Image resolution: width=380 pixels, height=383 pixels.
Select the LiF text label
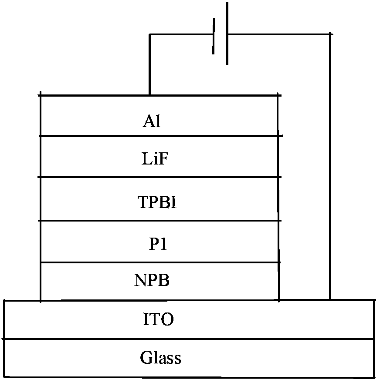pyautogui.click(x=155, y=159)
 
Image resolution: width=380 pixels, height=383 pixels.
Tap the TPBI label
pyautogui.click(x=157, y=203)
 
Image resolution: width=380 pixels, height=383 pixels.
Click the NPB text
pyautogui.click(x=152, y=281)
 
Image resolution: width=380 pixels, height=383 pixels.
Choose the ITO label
pyautogui.click(x=159, y=320)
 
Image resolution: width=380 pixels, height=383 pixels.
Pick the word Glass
pyautogui.click(x=160, y=358)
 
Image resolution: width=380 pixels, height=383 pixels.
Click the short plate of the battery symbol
pyautogui.click(x=214, y=36)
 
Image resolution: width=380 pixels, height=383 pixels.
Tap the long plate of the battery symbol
pyautogui.click(x=227, y=33)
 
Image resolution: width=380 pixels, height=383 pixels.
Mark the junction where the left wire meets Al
pyautogui.click(x=149, y=95)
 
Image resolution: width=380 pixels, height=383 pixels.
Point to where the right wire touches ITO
pyautogui.click(x=330, y=299)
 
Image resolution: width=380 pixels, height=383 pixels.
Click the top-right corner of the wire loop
pyautogui.click(x=330, y=34)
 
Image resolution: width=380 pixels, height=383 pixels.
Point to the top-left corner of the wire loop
pyautogui.click(x=149, y=34)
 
